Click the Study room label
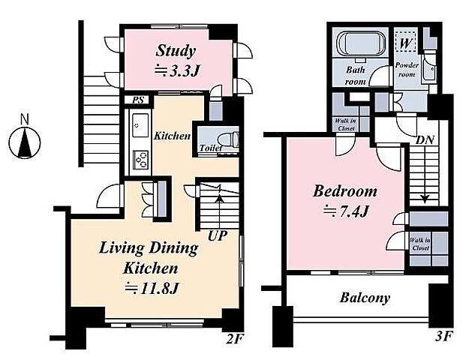tap(176, 51)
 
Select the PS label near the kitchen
tap(138, 100)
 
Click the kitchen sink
tap(140, 125)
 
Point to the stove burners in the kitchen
tap(141, 160)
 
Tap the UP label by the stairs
tap(218, 235)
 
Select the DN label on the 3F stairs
tap(425, 140)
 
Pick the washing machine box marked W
tap(405, 43)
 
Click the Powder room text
tap(407, 70)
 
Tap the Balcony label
tap(365, 298)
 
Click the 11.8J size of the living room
tap(151, 288)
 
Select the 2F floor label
tap(235, 339)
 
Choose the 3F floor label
tap(443, 336)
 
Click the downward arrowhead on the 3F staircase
tap(425, 199)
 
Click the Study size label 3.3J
tap(177, 71)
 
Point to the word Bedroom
tap(344, 191)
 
